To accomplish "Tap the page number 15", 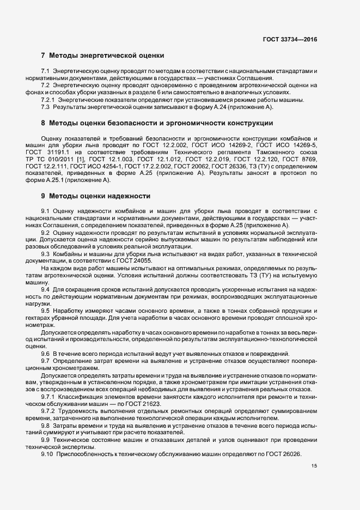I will (314, 466).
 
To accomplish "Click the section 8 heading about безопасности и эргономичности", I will (157, 124).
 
